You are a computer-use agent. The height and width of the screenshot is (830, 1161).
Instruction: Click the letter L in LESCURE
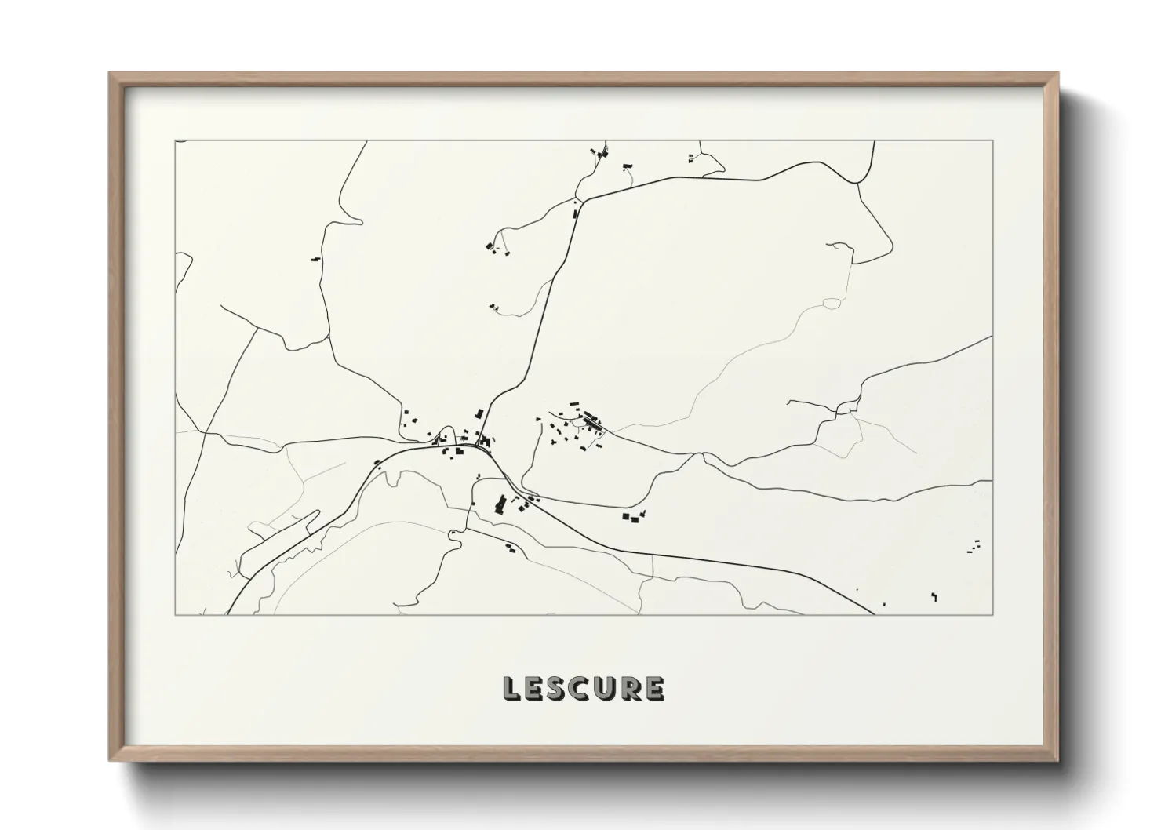(x=511, y=688)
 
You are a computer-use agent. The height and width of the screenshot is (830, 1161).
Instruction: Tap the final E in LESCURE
(x=653, y=688)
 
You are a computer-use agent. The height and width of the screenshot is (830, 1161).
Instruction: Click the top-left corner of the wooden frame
(x=110, y=74)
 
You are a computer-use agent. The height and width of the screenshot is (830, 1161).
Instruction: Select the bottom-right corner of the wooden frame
(x=1057, y=760)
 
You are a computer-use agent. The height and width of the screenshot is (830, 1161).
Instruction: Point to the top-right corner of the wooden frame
(x=1057, y=74)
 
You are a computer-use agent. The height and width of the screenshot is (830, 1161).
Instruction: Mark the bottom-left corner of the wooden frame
(x=110, y=760)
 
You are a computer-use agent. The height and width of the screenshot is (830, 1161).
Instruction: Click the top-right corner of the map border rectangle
(x=992, y=140)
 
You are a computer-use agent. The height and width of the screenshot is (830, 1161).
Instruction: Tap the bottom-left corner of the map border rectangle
(x=176, y=614)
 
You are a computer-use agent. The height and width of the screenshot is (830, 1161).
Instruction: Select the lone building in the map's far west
(x=316, y=257)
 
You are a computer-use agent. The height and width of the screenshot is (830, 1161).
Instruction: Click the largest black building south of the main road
(x=499, y=504)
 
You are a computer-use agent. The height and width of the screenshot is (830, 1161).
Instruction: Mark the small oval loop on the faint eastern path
(x=832, y=303)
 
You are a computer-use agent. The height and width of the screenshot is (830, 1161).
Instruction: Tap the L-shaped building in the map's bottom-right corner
(x=934, y=595)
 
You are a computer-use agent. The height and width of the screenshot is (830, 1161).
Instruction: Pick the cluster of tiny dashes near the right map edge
(x=975, y=546)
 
